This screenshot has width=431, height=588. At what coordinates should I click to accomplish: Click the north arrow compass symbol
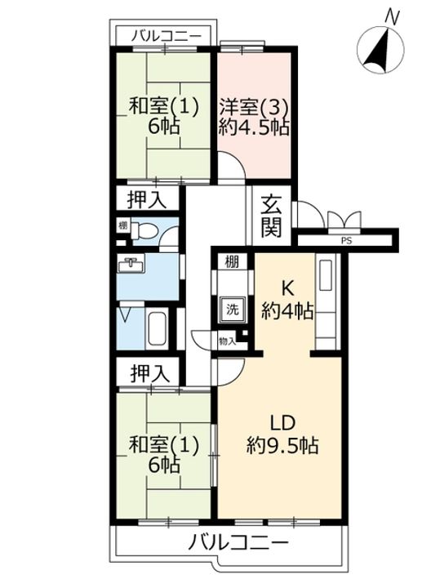380,49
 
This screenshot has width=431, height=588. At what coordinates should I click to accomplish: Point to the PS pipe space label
347,241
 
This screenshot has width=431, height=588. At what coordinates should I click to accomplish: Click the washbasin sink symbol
131,265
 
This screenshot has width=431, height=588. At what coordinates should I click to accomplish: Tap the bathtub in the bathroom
157,329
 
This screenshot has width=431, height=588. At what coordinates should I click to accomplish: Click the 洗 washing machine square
232,310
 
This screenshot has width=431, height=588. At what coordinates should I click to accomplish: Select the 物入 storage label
228,341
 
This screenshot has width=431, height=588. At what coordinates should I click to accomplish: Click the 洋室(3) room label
254,108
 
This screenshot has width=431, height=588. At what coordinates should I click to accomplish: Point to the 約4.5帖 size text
254,128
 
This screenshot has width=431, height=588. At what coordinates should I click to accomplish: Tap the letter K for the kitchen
287,289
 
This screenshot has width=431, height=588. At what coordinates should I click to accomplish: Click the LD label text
283,423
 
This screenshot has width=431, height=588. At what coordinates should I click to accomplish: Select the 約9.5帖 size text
282,446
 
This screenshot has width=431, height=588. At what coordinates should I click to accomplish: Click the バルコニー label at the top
166,36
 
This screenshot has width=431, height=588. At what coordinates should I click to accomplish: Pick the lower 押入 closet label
150,373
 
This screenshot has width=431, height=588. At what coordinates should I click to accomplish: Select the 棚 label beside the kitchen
232,262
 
